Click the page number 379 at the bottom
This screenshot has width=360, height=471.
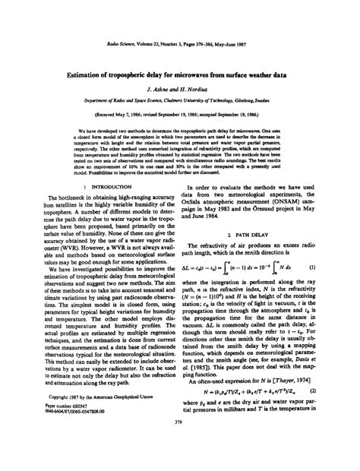[179, 444]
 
